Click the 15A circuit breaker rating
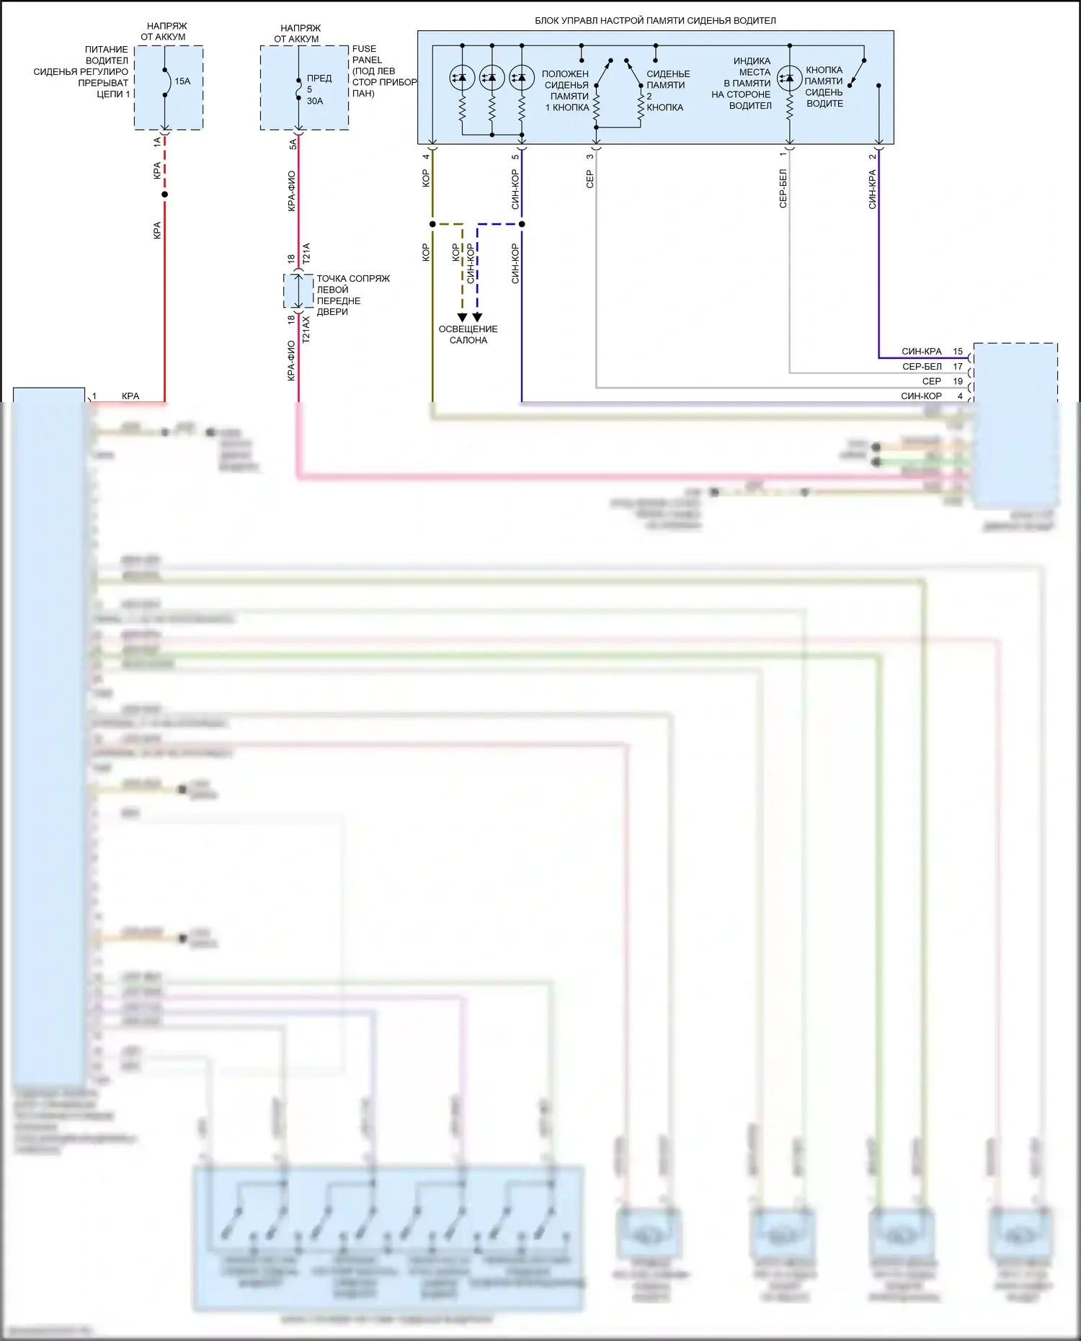point(182,81)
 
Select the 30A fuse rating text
point(315,101)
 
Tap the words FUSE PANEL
point(367,54)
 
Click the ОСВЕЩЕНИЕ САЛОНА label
point(468,334)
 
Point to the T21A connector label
point(306,252)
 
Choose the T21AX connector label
point(306,329)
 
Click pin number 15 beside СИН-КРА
point(958,352)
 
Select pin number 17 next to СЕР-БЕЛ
point(958,367)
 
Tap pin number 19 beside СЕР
point(958,381)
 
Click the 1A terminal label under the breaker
point(157,143)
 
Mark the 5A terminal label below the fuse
point(293,145)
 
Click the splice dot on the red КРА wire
point(165,195)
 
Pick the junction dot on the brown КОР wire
point(432,224)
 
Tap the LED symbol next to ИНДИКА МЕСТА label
point(790,78)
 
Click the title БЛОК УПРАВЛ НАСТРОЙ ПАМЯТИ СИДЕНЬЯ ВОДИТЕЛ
point(655,21)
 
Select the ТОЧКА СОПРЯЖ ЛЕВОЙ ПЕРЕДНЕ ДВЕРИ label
point(352,295)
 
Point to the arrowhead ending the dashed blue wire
point(477,318)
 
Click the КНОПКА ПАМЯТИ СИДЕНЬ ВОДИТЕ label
point(824,86)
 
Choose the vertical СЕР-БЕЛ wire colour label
point(783,189)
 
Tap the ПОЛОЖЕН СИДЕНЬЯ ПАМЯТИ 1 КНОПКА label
point(566,91)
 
